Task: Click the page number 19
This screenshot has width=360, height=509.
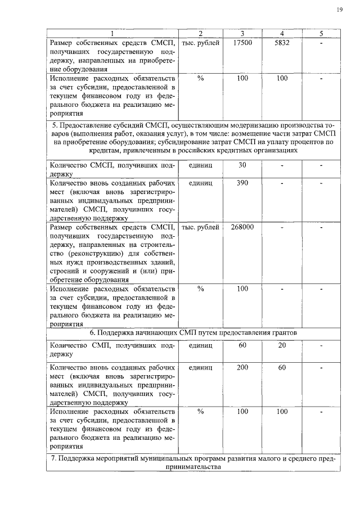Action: click(340, 10)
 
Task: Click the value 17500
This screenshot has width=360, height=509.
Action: click(242, 43)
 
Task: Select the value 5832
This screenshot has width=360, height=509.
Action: click(282, 43)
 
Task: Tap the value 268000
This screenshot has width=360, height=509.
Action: click(242, 227)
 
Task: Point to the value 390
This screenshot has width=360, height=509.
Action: click(242, 183)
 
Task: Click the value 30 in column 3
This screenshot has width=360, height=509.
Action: click(242, 165)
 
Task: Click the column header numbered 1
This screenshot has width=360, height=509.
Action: click(111, 34)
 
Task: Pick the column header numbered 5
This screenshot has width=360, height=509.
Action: click(321, 34)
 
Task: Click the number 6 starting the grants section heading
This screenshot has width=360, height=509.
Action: click(92, 332)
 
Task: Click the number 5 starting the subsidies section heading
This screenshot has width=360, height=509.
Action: click(53, 123)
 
